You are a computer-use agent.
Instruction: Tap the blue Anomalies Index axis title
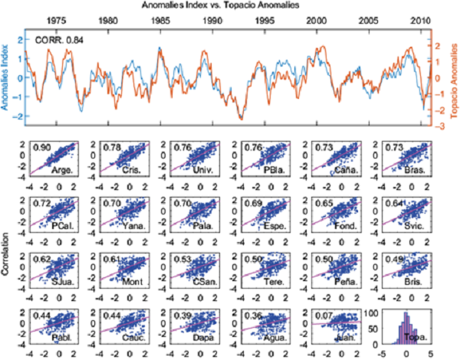coord(7,75)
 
